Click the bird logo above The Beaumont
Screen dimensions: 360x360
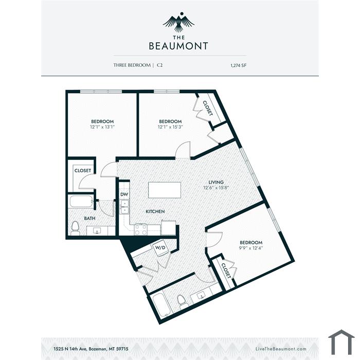(x=179, y=22)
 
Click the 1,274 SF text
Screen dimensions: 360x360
(x=238, y=65)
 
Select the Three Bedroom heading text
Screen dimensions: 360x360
(x=132, y=65)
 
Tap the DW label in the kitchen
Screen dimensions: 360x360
(x=124, y=194)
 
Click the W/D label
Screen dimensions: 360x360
(x=160, y=247)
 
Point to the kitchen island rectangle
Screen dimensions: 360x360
(x=165, y=190)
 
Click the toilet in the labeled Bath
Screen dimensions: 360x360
(x=75, y=228)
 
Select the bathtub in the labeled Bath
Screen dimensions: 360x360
(x=81, y=202)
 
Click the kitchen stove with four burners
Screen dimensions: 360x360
(x=140, y=229)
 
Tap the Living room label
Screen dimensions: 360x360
(x=216, y=182)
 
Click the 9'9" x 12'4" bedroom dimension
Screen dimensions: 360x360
(x=251, y=248)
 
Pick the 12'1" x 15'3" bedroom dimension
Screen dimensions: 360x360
(x=170, y=127)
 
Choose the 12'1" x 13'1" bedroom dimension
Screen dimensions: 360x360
(x=102, y=127)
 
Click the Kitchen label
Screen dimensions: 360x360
(x=155, y=211)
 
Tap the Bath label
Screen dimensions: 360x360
(x=89, y=219)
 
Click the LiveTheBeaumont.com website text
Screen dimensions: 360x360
(x=281, y=349)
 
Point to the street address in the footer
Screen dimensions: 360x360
(x=91, y=349)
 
